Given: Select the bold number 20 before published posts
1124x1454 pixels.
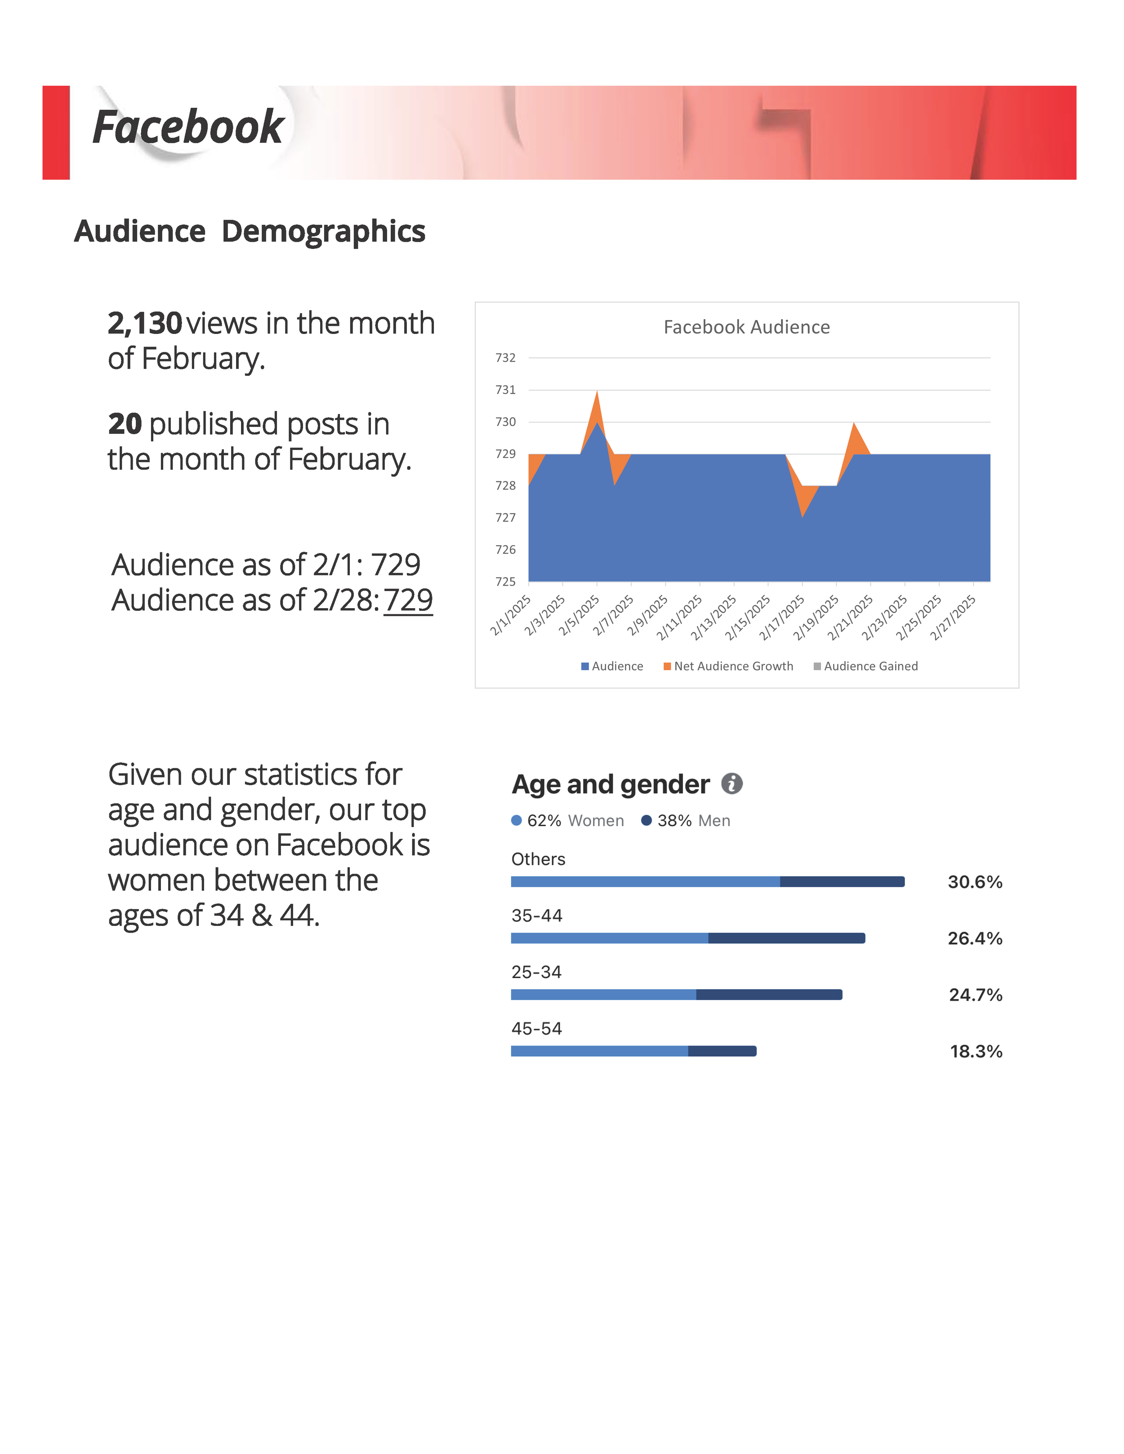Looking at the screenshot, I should tap(125, 424).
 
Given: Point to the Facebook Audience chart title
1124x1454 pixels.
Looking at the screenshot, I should tap(746, 327).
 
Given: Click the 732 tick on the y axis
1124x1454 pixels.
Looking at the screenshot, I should tap(505, 358).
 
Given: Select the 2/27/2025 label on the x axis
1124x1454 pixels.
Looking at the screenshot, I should tap(953, 617).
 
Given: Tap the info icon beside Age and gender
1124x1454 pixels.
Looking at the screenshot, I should tap(732, 783).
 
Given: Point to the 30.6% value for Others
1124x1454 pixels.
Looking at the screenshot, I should tap(975, 882).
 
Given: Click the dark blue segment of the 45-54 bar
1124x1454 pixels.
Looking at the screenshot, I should tap(723, 1051).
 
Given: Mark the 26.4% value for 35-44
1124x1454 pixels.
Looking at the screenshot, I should tap(975, 939).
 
